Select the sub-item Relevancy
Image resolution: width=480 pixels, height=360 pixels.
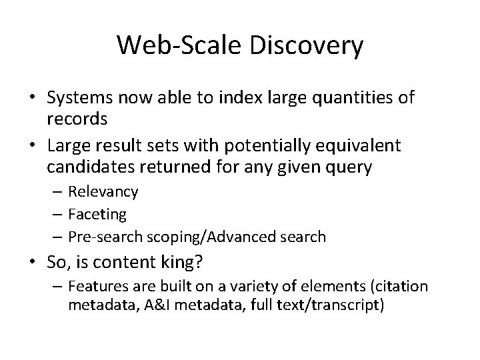[x=104, y=192]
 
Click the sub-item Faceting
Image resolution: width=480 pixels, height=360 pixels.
[x=98, y=214]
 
